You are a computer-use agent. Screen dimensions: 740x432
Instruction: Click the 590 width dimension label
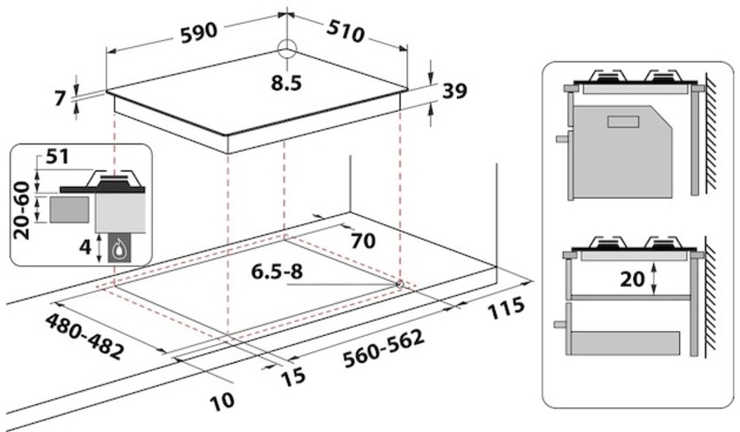point(199,33)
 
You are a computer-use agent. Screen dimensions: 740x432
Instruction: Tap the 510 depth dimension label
point(346,32)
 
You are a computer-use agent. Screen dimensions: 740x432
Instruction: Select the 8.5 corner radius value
point(286,84)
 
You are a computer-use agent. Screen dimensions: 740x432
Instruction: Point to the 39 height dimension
point(455,90)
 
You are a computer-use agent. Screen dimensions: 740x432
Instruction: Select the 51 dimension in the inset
point(57,157)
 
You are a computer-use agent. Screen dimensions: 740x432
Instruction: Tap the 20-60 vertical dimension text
point(21,210)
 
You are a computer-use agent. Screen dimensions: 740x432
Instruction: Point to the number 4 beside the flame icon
point(85,246)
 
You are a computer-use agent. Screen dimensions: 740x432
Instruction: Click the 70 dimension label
point(363,241)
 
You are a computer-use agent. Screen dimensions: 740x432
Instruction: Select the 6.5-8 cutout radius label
point(278,272)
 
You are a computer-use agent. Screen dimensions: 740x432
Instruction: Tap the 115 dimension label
point(505,308)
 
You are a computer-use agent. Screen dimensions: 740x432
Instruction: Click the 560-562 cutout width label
point(384,349)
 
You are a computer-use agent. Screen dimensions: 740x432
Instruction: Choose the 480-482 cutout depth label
point(86,337)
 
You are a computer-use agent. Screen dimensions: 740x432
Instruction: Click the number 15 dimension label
point(293,377)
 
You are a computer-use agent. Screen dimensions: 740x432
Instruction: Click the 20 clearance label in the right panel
point(632,280)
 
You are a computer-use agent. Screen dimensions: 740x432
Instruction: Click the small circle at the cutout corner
point(400,283)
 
